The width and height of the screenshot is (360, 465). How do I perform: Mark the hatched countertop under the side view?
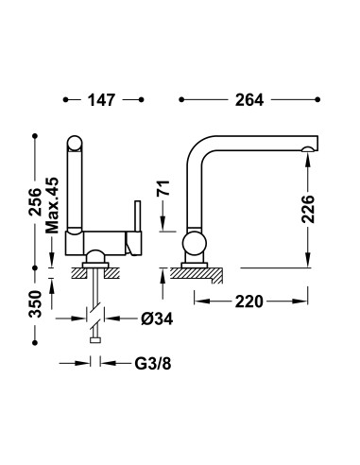click(x=201, y=276)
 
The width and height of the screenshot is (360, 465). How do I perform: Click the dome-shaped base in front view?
click(x=94, y=257)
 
